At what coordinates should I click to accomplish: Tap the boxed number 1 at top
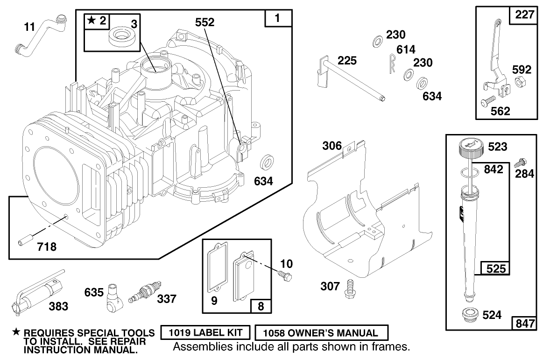pyautogui.click(x=278, y=19)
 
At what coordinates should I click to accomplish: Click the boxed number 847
pyautogui.click(x=524, y=323)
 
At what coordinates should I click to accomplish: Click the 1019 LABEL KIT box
pyautogui.click(x=205, y=333)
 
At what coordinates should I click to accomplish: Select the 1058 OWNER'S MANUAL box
pyautogui.click(x=322, y=333)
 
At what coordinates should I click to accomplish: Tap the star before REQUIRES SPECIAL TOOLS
pyautogui.click(x=16, y=332)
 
